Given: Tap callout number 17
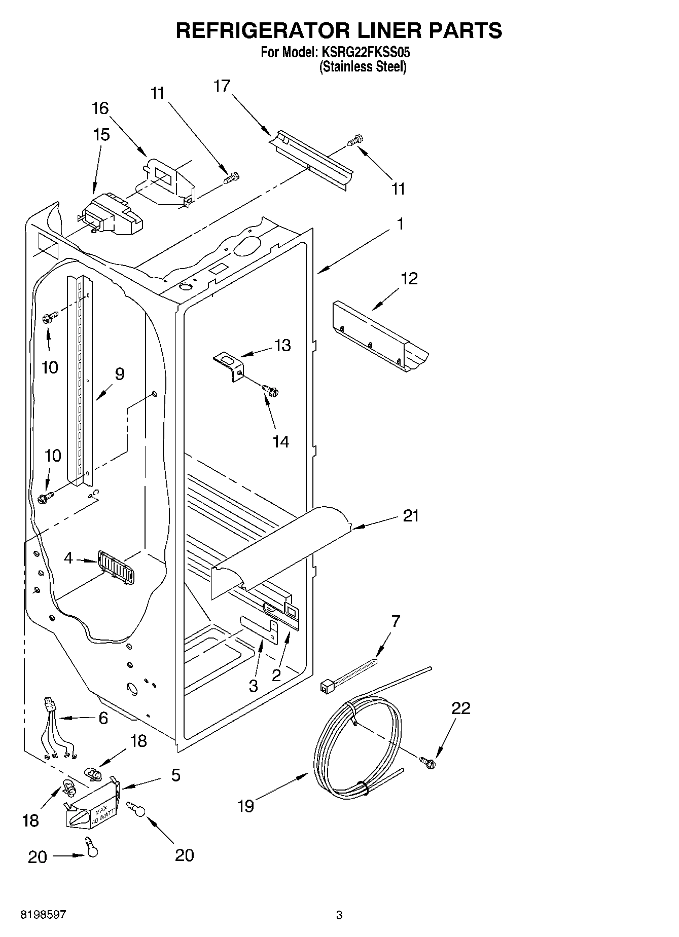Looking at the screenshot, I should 222,86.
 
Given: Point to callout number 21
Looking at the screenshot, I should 411,516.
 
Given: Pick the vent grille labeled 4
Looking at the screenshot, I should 116,568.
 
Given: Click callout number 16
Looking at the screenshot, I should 100,108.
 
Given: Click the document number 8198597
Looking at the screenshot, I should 43,915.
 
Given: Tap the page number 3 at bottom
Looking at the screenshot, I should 339,915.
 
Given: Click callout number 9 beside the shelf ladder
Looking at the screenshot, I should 120,374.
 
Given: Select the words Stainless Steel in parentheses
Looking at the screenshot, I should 363,66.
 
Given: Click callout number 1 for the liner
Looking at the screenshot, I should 400,223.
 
